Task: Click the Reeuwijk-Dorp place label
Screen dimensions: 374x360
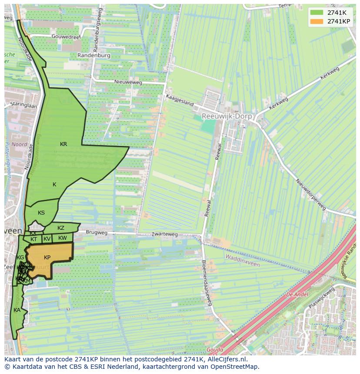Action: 228,116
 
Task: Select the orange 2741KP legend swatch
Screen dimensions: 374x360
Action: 317,21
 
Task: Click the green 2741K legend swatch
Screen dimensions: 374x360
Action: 317,13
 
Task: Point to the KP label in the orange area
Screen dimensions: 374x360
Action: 47,258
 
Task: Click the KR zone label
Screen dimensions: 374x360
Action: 63,144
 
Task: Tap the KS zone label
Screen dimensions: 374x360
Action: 41,213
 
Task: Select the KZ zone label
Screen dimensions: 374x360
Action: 61,228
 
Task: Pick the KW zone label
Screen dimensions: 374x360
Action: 63,238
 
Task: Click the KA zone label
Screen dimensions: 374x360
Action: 17,310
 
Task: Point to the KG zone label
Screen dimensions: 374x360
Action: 20,258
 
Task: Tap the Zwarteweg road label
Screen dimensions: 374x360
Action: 165,234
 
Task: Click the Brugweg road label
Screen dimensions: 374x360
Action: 97,233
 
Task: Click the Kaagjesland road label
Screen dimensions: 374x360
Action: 179,101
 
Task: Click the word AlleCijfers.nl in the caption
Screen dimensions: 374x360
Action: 227,359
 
